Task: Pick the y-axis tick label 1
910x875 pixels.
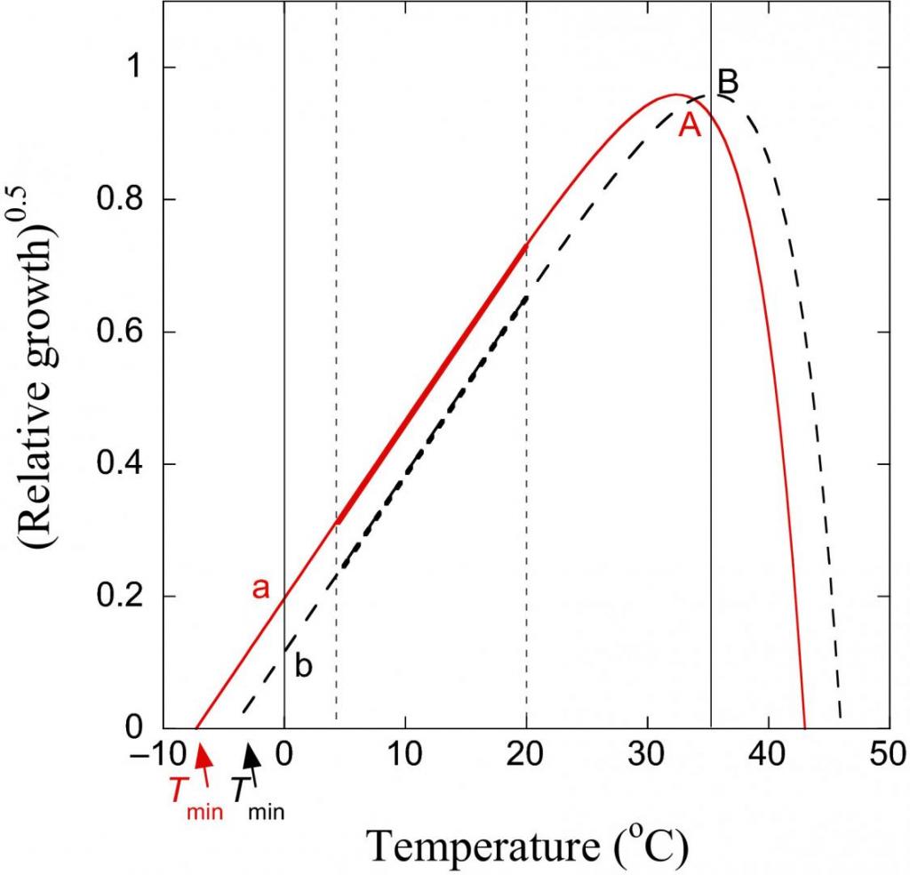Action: coord(138,68)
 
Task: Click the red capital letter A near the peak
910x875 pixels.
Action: coord(690,126)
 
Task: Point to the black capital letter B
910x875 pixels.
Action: coord(728,82)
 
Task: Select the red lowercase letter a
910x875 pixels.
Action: coord(260,589)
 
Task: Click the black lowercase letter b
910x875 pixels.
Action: coord(303,667)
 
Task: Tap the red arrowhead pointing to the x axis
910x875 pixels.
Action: coord(204,756)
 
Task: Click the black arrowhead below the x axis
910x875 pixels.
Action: coord(254,755)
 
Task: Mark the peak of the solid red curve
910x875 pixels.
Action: coord(675,95)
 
